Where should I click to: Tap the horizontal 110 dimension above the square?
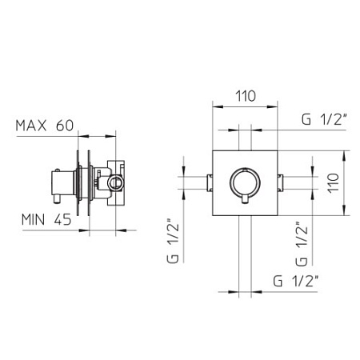(x=246, y=95)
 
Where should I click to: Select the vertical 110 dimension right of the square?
(x=334, y=185)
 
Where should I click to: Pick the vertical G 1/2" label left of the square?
(x=170, y=241)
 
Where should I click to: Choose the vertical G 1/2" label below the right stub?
(x=300, y=243)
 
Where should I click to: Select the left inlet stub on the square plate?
(x=210, y=179)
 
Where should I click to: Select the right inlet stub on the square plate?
(x=283, y=179)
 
